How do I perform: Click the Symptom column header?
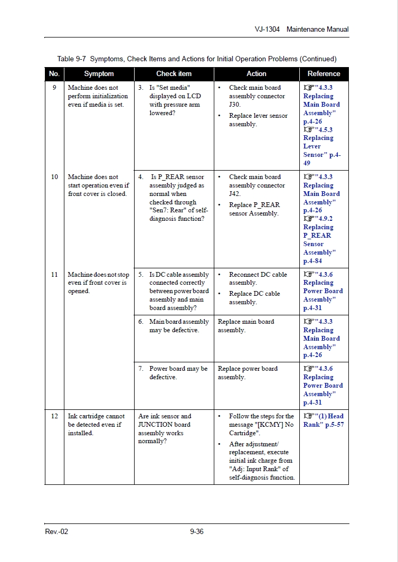(99, 74)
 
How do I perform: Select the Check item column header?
(174, 74)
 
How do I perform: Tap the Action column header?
(257, 74)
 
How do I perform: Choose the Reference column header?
(324, 74)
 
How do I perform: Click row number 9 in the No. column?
(54, 88)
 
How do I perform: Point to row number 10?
(54, 177)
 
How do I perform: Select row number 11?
(54, 275)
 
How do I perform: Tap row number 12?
(54, 416)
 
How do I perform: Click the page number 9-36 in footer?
(196, 531)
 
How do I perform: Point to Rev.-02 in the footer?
(56, 531)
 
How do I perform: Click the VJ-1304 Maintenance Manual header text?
(301, 30)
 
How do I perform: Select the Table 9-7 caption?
(196, 59)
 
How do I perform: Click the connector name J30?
(234, 105)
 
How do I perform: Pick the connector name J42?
(234, 194)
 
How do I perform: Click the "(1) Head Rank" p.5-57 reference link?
(323, 420)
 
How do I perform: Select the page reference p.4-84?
(312, 261)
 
